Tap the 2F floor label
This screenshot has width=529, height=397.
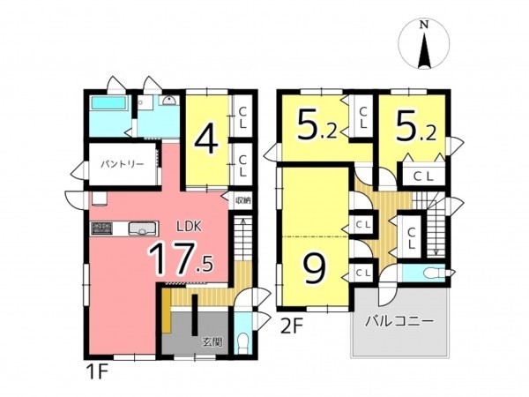[292, 325]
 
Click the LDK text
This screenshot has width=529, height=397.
[190, 226]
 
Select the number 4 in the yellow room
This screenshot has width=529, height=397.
[206, 139]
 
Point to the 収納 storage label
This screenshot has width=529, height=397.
[242, 200]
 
